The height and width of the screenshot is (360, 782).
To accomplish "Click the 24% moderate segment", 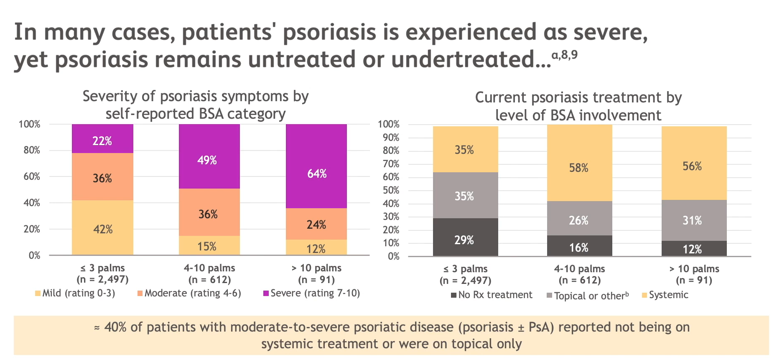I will point(316,224).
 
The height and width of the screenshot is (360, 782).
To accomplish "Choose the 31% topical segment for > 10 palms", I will point(694,220).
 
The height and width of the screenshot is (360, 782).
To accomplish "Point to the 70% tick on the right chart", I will point(391,164).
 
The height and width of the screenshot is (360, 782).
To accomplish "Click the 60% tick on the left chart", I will point(32,176).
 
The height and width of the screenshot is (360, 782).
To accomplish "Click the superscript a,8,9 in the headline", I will point(564,55).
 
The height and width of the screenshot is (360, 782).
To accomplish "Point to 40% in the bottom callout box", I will point(115,327).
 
